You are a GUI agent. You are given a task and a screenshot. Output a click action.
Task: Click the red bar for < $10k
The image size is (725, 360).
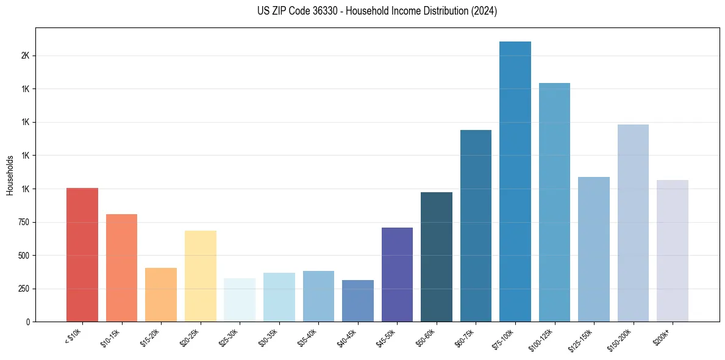(82, 254)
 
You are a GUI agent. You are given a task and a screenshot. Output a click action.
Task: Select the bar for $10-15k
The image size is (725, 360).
(121, 268)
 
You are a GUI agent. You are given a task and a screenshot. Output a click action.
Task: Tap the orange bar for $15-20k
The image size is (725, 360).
(161, 295)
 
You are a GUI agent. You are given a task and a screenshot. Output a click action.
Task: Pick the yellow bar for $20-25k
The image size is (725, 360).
(201, 276)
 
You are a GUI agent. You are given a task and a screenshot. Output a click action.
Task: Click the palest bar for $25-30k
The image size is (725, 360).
(240, 300)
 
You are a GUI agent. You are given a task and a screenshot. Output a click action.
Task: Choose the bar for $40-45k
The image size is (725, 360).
(358, 301)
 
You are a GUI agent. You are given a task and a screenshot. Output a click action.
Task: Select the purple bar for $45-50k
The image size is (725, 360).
(397, 275)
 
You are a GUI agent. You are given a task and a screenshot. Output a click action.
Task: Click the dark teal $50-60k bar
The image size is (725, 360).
(437, 257)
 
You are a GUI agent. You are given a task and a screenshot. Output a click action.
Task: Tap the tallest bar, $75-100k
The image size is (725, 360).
(515, 181)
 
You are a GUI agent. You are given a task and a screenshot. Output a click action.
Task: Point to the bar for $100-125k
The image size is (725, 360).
(554, 202)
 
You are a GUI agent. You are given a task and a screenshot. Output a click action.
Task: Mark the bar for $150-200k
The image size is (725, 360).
(633, 223)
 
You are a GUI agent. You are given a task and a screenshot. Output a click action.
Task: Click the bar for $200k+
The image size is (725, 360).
(673, 251)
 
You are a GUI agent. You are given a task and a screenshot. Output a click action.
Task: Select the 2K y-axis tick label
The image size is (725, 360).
(25, 56)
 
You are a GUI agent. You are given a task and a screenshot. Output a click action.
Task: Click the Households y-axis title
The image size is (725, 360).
(10, 175)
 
